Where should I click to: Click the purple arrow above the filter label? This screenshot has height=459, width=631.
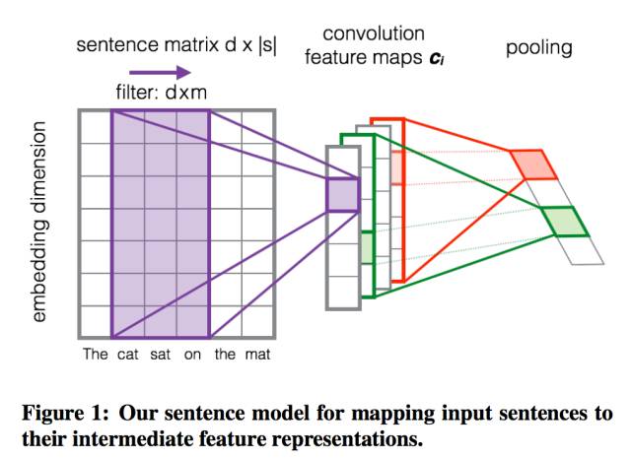coord(168,72)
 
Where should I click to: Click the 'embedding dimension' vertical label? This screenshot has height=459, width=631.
coord(40,222)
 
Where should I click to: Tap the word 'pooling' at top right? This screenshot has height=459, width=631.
coord(538,47)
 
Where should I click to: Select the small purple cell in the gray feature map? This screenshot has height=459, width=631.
coord(342,194)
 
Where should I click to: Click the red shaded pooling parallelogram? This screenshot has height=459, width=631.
coord(535,164)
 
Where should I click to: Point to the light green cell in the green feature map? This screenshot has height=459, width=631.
coord(366,246)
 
